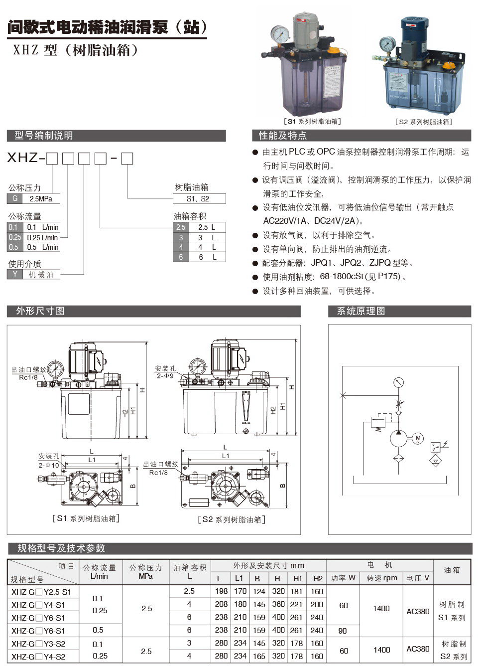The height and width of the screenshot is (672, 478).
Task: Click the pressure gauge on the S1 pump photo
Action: (280, 34)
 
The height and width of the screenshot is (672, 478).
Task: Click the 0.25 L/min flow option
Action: (42, 237)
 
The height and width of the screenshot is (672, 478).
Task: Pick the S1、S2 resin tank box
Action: (199, 198)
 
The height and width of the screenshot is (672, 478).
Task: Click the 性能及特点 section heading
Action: (282, 136)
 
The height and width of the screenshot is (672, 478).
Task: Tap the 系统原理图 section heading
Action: (361, 311)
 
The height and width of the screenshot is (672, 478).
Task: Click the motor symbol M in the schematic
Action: (418, 439)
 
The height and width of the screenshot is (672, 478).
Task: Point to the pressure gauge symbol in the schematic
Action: (398, 383)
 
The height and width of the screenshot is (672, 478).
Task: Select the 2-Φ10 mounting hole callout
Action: (49, 465)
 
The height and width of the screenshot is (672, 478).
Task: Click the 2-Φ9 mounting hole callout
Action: (165, 375)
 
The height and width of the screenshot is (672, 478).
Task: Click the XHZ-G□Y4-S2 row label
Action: (39, 657)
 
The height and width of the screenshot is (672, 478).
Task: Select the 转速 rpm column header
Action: (381, 578)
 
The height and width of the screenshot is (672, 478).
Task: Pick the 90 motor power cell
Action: (343, 631)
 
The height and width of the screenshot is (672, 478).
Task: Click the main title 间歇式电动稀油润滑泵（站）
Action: (107, 27)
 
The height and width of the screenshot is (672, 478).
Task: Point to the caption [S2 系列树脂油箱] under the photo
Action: (423, 122)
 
